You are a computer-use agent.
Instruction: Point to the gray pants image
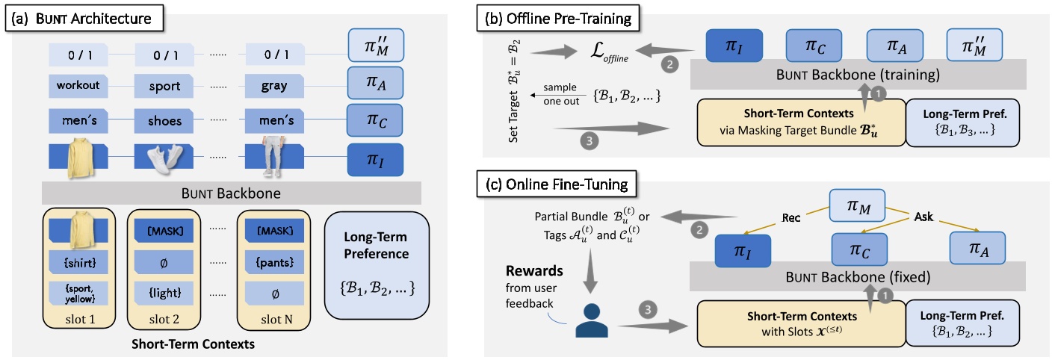(x=274, y=158)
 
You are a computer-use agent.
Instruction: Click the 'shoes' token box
(x=165, y=120)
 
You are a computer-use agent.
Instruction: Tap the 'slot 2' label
(x=164, y=320)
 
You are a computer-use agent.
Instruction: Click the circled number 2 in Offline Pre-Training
(x=671, y=66)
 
